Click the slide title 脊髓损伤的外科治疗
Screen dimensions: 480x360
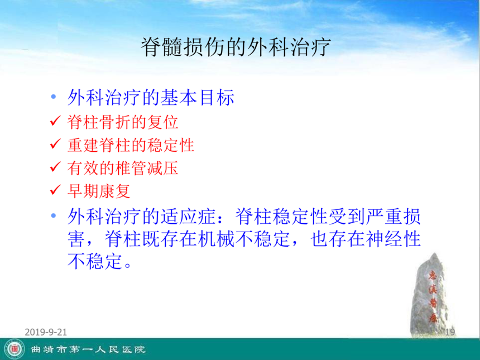236,47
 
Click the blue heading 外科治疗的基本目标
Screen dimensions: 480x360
151,98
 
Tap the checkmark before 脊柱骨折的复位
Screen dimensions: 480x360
55,121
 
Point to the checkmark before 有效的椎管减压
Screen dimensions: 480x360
55,166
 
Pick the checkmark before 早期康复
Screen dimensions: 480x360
55,190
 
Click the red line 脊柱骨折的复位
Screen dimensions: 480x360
123,122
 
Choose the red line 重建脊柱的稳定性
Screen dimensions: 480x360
131,145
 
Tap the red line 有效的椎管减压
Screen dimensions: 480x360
123,168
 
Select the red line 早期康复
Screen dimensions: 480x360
99,191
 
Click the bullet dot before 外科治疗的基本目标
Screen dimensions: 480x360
54,97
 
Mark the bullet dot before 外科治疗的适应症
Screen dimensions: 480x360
54,216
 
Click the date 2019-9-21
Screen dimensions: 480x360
46,332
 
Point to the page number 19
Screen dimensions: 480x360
450,332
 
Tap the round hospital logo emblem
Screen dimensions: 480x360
15,349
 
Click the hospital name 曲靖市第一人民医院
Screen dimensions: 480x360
88,349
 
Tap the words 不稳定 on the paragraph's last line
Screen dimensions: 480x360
95,261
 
